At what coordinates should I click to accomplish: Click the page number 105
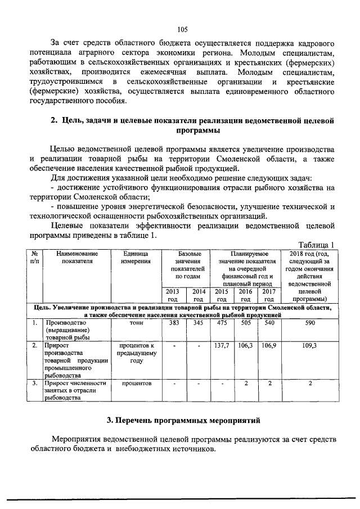[x=181, y=30]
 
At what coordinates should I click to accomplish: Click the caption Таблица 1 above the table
[x=316, y=245]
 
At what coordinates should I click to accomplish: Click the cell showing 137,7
[x=222, y=346]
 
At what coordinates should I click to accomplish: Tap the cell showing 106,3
[x=245, y=346]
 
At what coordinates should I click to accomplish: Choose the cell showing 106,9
[x=269, y=346]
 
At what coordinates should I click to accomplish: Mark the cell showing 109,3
[x=310, y=346]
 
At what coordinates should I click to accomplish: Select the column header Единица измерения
[x=136, y=258]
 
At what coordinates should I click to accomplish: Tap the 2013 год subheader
[x=174, y=295]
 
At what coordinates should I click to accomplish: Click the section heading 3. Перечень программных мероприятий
[x=181, y=420]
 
